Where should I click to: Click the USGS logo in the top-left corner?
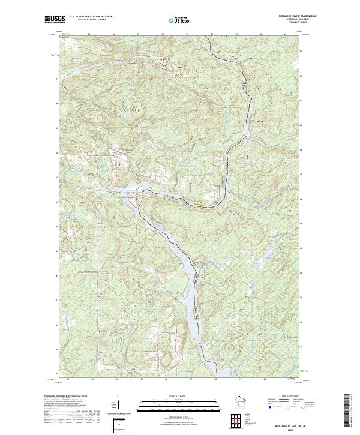click(x=55, y=19)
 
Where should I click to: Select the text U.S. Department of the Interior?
click(x=91, y=17)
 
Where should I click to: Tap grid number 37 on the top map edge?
click(x=187, y=35)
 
